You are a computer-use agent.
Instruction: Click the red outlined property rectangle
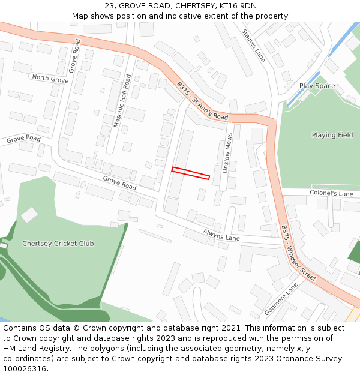click(x=191, y=173)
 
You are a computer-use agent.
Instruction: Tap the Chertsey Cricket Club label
click(x=58, y=244)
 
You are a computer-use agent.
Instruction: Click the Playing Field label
click(x=332, y=135)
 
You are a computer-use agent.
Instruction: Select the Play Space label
click(x=317, y=86)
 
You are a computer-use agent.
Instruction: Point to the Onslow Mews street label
click(x=227, y=154)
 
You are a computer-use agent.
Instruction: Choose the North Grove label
click(x=50, y=79)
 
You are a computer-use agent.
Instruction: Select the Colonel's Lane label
click(x=331, y=194)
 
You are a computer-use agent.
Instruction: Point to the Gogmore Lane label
click(x=281, y=299)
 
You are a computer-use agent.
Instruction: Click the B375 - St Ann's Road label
click(x=203, y=101)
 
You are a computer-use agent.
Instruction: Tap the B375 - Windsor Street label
click(x=298, y=253)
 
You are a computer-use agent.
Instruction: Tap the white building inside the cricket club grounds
click(x=29, y=215)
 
